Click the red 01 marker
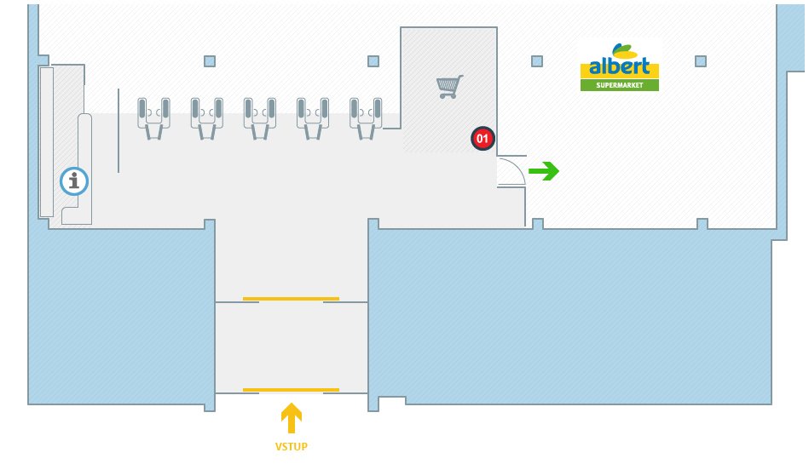coord(483,138)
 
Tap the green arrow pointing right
coord(544,172)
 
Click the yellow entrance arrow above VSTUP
coord(292,418)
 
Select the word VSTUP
coord(292,446)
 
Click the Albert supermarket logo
coord(620,66)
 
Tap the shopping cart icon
coord(449,86)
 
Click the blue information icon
coord(75,180)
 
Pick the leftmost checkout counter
coord(154,117)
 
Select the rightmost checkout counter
coord(366,117)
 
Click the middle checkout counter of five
coord(260,117)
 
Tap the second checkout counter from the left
coord(207,117)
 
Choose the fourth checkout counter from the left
coord(313,117)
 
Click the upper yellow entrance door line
coord(291,299)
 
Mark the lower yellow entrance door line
coord(291,390)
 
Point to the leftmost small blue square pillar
coord(210,61)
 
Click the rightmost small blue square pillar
coord(701,61)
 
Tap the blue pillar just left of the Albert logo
coord(537,61)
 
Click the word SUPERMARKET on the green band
coord(620,85)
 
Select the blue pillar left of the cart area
coord(373,61)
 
